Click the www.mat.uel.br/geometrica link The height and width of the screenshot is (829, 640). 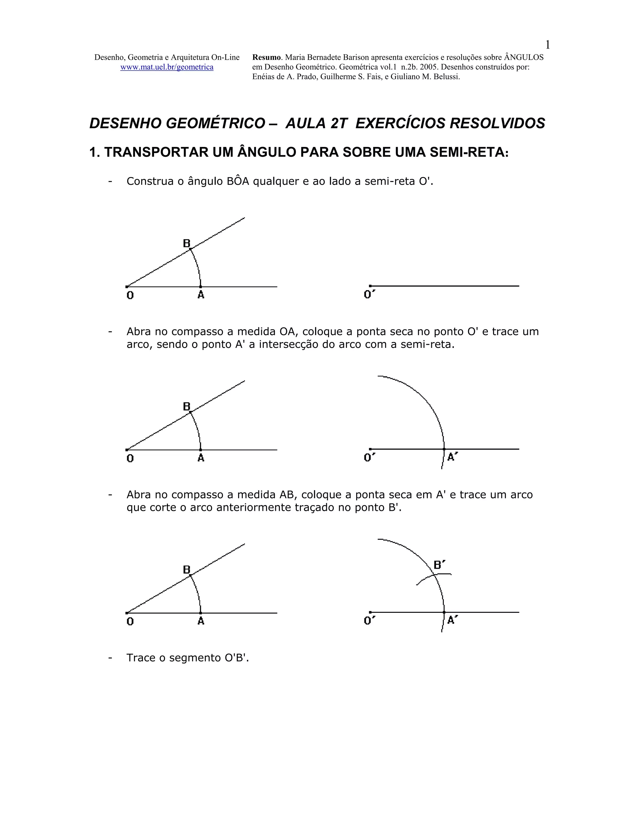coord(167,67)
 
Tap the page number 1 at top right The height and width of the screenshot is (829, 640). coord(547,45)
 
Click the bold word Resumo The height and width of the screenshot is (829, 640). coord(267,57)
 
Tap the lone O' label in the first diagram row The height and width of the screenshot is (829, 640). coord(369,295)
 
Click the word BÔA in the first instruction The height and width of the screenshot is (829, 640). coord(238,181)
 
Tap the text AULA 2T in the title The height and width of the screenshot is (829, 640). coord(316,123)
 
